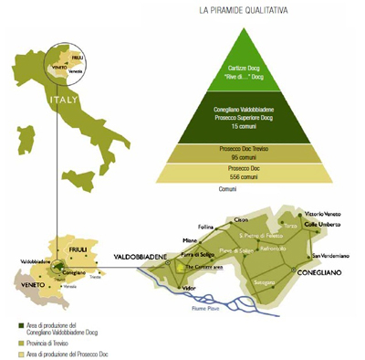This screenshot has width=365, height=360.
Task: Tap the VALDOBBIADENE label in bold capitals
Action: tap(141, 258)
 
